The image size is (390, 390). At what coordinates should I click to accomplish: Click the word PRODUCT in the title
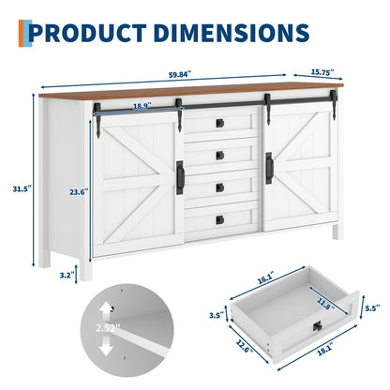tap(88, 33)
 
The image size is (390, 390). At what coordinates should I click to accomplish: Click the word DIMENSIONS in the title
tap(232, 33)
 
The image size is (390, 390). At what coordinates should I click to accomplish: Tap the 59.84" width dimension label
tap(180, 75)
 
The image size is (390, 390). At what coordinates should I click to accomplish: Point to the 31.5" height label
tap(22, 188)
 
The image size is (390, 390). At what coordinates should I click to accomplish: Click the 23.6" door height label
tap(79, 192)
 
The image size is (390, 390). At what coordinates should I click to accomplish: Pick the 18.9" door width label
tap(142, 106)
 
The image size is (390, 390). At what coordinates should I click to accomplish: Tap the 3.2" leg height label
tap(67, 275)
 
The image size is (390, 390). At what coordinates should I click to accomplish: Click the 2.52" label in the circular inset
tap(108, 328)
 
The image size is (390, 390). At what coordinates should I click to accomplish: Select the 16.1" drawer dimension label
tap(265, 278)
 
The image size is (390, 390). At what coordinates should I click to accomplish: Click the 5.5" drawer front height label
tap(372, 307)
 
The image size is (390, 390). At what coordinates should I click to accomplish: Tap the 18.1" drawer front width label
tap(325, 350)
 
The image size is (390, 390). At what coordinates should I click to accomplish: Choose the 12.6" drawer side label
tap(243, 346)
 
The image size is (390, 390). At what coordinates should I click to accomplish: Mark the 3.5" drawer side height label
tap(217, 315)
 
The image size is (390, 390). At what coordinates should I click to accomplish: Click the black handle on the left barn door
tap(180, 177)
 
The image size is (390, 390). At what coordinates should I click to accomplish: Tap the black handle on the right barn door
tap(269, 168)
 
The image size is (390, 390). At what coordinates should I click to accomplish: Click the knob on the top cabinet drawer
tap(220, 123)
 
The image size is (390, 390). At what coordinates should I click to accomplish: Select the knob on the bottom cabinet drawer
tap(220, 219)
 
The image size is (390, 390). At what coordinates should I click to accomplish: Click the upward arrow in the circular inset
tap(106, 311)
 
